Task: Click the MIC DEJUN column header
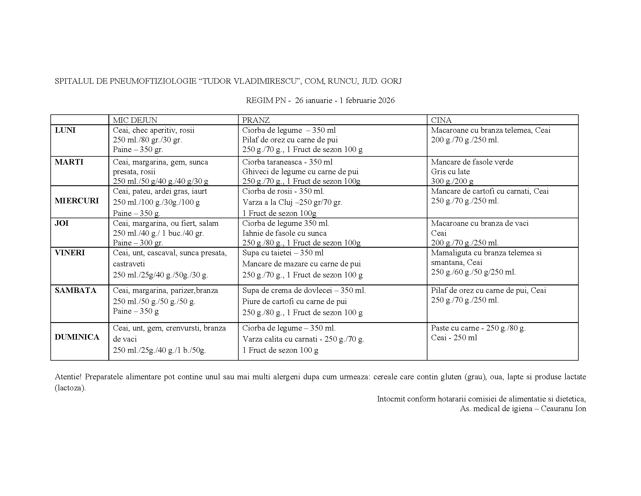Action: (135, 120)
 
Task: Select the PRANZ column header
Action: (256, 120)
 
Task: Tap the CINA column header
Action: (441, 120)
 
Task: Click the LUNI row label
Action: (65, 130)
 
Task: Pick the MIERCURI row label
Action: (77, 201)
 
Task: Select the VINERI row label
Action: (70, 253)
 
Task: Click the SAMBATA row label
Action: (75, 290)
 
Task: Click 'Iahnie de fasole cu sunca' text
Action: (284, 233)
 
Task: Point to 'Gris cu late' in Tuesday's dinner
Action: (450, 172)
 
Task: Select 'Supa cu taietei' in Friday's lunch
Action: (267, 253)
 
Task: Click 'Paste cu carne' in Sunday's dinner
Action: (454, 328)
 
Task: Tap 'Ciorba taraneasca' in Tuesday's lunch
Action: (271, 162)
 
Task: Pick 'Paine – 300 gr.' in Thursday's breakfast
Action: (138, 243)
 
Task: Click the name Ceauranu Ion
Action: (563, 408)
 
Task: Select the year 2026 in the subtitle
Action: (386, 100)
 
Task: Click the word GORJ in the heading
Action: (391, 81)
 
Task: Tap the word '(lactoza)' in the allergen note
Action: (70, 388)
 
